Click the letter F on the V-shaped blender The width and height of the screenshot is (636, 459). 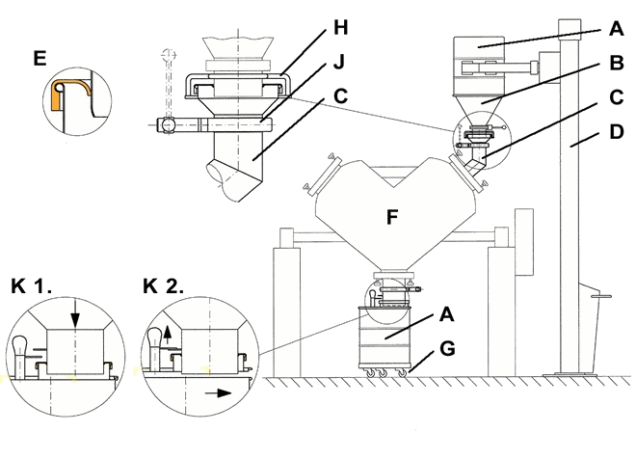pyautogui.click(x=392, y=217)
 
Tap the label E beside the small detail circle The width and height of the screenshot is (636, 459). pyautogui.click(x=40, y=59)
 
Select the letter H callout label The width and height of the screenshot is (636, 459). pyautogui.click(x=341, y=28)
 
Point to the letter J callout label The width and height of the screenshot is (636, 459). pyautogui.click(x=338, y=62)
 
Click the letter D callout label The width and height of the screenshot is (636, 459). pyautogui.click(x=616, y=132)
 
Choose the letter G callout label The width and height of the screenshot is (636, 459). pyautogui.click(x=446, y=349)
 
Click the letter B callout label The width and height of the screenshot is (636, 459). pyautogui.click(x=616, y=63)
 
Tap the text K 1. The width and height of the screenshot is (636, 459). pyautogui.click(x=31, y=286)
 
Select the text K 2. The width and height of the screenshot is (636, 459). pyautogui.click(x=164, y=286)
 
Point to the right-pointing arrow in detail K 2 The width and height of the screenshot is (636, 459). pyautogui.click(x=218, y=392)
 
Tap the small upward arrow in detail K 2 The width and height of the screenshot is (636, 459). pyautogui.click(x=168, y=336)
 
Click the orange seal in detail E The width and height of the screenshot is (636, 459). pyautogui.click(x=57, y=95)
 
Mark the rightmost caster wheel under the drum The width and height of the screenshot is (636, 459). pyautogui.click(x=403, y=372)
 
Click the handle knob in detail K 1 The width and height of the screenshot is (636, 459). pyautogui.click(x=20, y=345)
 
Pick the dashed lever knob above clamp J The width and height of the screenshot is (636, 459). pyautogui.click(x=169, y=54)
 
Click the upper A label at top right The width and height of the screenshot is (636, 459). pyautogui.click(x=616, y=29)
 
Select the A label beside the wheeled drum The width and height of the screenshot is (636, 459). pyautogui.click(x=446, y=314)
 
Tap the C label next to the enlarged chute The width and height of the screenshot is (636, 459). pyautogui.click(x=340, y=96)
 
